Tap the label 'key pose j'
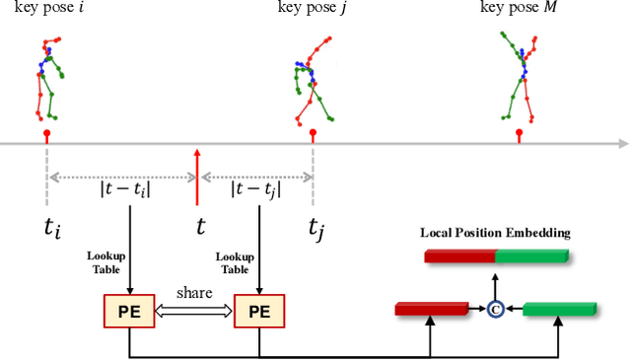point(313,9)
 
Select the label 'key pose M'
point(520,9)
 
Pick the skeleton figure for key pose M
point(519,73)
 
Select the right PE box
point(258,312)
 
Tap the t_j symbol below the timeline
point(315,231)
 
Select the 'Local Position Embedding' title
point(495,234)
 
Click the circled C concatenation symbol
point(497,310)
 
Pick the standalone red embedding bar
point(431,310)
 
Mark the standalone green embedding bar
point(558,310)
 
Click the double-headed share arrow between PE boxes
point(194,312)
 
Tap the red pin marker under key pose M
point(520,135)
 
